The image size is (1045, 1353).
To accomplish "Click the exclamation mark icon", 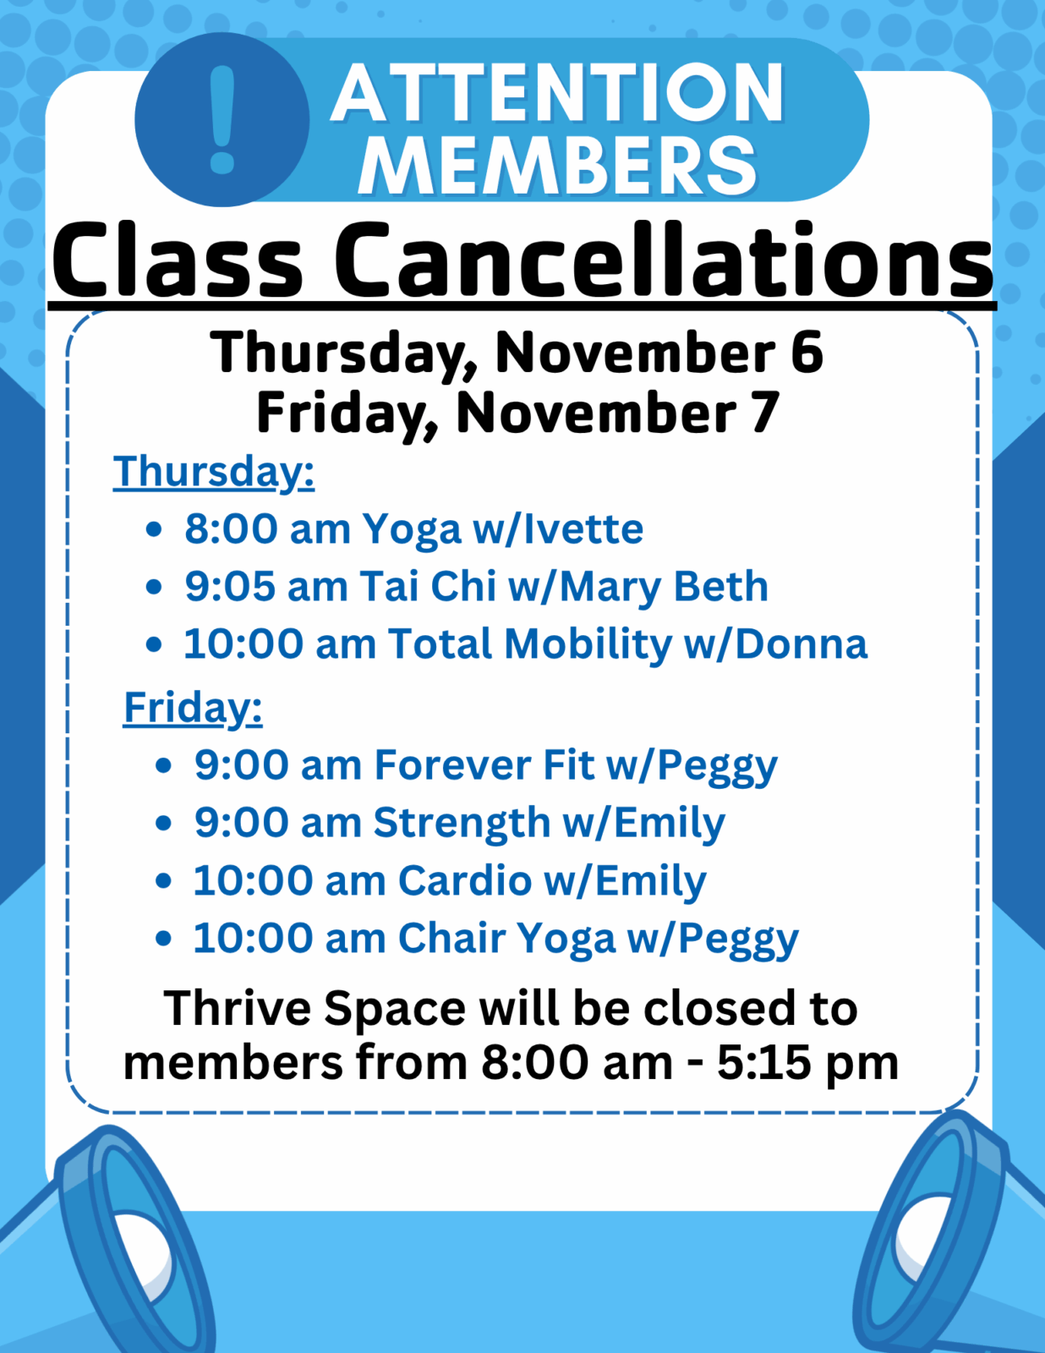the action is coord(222,119).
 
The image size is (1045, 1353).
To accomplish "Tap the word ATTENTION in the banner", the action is coord(558,93).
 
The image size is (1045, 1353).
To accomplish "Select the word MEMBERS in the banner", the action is coord(558,165).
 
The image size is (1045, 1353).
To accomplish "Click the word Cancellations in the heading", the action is coord(664,260).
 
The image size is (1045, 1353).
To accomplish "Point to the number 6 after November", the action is coord(808,352).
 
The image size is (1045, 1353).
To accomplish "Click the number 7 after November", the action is coord(763,412).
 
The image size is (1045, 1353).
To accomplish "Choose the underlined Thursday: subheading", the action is coord(214,472).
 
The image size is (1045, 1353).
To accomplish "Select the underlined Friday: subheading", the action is coord(193,708).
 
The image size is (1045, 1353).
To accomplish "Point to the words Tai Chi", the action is coord(428,587).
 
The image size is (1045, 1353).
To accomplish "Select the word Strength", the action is coord(462,823).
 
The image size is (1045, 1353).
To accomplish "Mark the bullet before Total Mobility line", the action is coord(154,644).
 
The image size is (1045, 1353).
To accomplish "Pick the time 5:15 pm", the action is coord(808,1063).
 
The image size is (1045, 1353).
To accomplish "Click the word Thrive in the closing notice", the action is coord(237,1008).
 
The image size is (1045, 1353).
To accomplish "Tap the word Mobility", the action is coord(588,645).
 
